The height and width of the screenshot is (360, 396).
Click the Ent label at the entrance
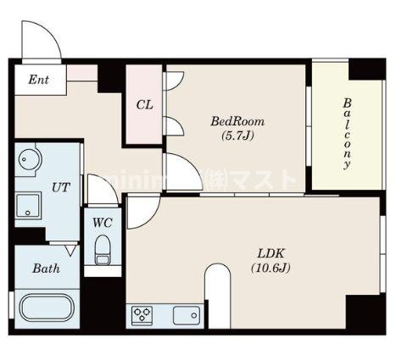[38, 80]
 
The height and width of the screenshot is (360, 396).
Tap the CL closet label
[144, 105]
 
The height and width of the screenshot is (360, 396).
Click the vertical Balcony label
[347, 133]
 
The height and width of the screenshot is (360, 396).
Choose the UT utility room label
[60, 187]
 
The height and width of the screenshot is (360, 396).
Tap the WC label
[103, 223]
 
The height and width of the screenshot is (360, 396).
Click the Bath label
[46, 269]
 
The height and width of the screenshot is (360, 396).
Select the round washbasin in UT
[31, 158]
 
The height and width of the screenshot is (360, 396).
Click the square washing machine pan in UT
[30, 204]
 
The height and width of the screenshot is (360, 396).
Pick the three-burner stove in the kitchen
[141, 315]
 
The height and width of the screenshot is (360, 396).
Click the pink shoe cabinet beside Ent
[81, 73]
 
